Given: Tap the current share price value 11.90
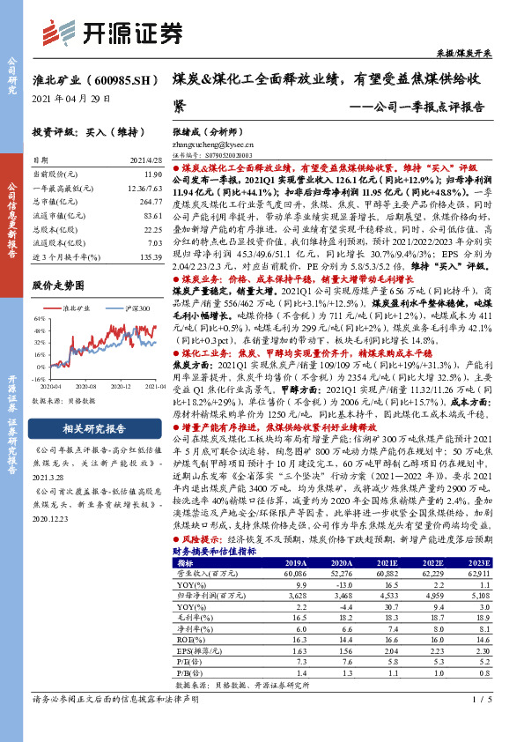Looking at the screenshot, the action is pos(153,175).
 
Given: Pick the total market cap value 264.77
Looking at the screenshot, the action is pos(151,201).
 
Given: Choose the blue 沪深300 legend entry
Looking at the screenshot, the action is pos(123,308).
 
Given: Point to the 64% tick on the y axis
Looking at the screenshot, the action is pos(40,318).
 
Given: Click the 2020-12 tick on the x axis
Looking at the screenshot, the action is pos(122,385).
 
